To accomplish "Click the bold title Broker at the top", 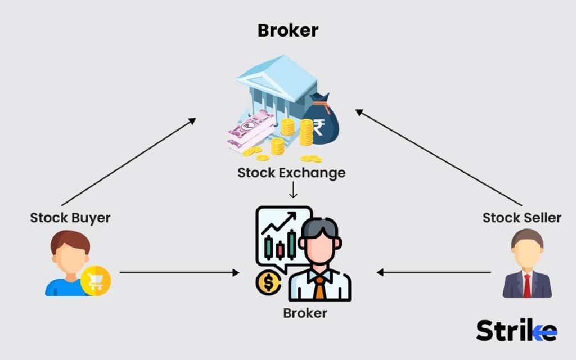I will click(287, 30).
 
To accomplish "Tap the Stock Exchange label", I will click(291, 173).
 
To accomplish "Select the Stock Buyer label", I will click(70, 218).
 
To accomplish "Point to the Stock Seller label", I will click(522, 218).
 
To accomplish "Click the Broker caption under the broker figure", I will click(305, 313).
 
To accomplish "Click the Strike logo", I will click(516, 331).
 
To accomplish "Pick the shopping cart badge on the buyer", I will click(95, 281).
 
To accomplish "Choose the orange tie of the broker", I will click(319, 287).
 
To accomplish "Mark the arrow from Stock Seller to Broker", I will click(434, 272).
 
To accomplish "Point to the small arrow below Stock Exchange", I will click(292, 190).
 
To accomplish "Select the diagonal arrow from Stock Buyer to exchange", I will click(129, 161).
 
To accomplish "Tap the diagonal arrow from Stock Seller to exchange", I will click(439, 157).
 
